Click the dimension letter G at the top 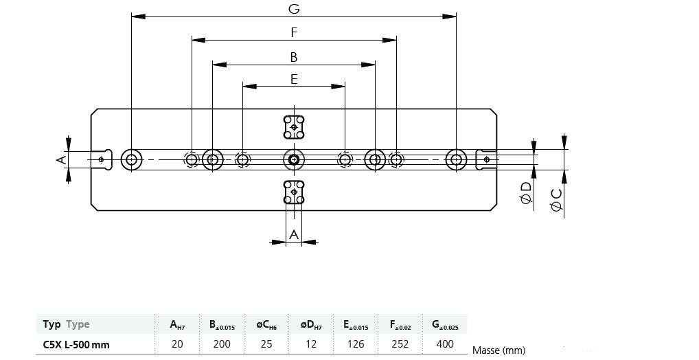(294, 8)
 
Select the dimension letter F (294, 32)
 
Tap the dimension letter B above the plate (294, 57)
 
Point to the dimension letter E (294, 79)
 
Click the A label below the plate (294, 234)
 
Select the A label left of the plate (60, 159)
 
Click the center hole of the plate (294, 159)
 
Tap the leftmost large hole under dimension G (131, 159)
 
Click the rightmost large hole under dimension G (457, 159)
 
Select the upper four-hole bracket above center (294, 126)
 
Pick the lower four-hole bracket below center (294, 192)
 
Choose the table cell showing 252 (400, 344)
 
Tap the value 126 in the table (355, 344)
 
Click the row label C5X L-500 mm (76, 344)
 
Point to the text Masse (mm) (499, 350)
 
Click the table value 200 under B (222, 344)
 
